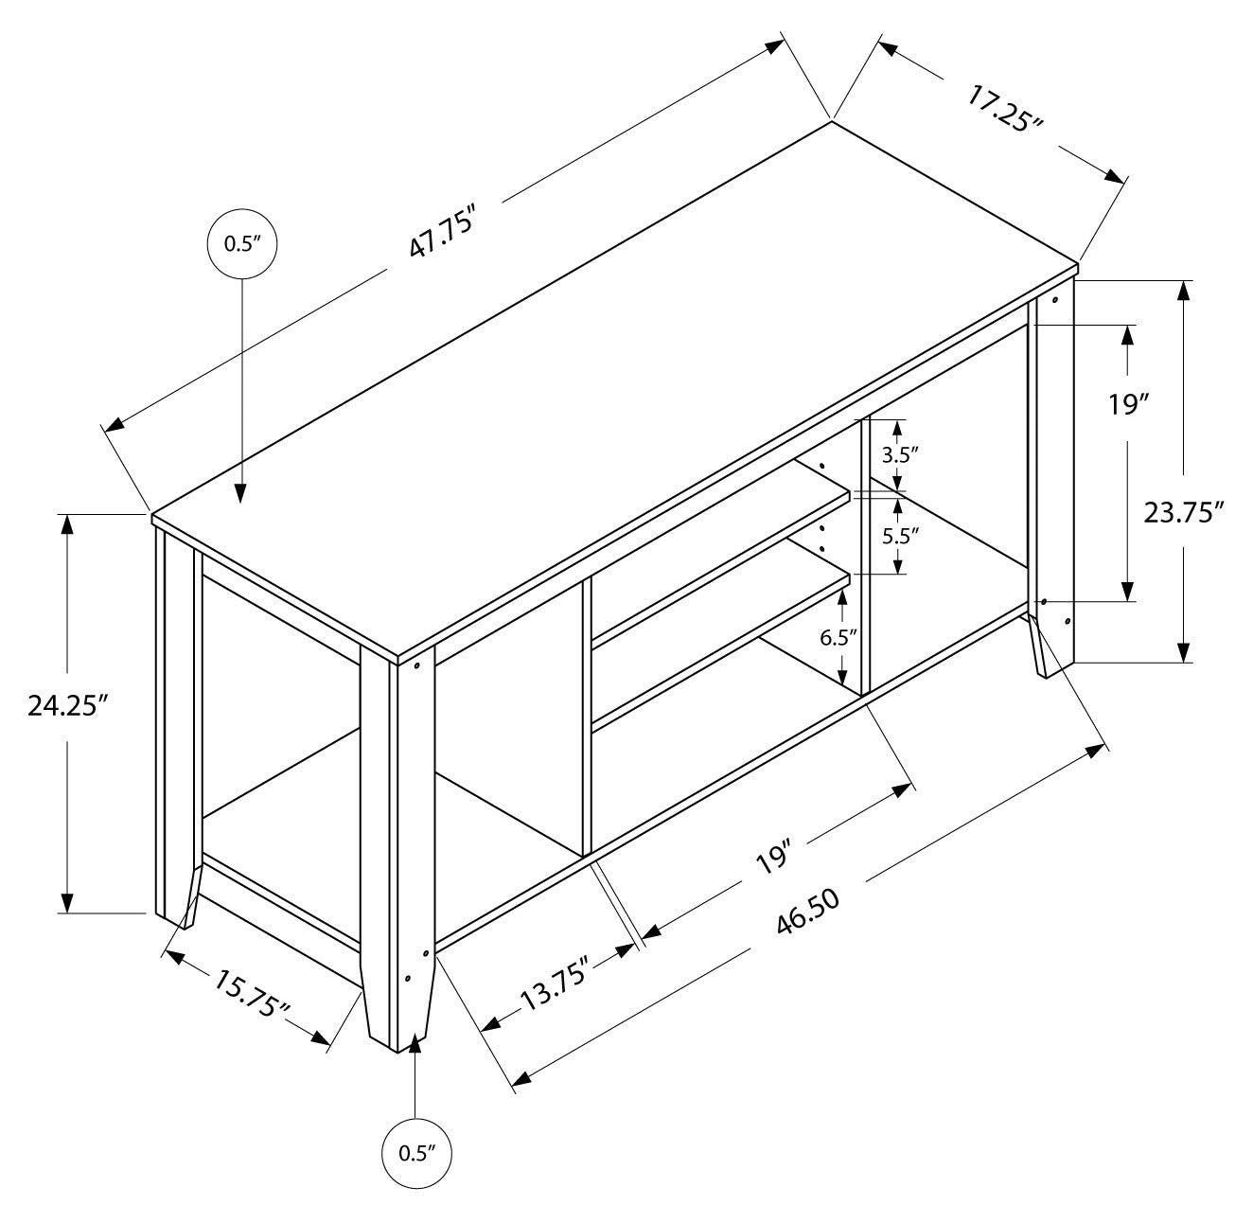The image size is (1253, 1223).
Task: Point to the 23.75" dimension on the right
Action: pyautogui.click(x=1184, y=512)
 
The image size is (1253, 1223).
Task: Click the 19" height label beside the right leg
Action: pyautogui.click(x=1128, y=405)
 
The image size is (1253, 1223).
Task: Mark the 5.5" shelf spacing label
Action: pyautogui.click(x=899, y=535)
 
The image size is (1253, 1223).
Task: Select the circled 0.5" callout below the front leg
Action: pyautogui.click(x=416, y=1153)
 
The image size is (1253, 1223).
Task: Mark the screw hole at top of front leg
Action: pyautogui.click(x=416, y=665)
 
